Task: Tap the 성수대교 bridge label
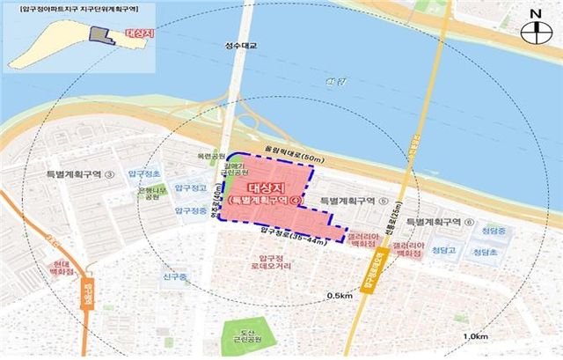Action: [239, 46]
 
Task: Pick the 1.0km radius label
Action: [478, 336]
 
